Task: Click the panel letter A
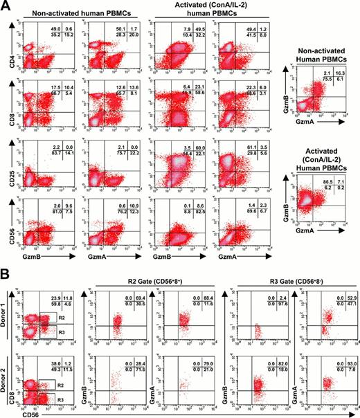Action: click(7, 7)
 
